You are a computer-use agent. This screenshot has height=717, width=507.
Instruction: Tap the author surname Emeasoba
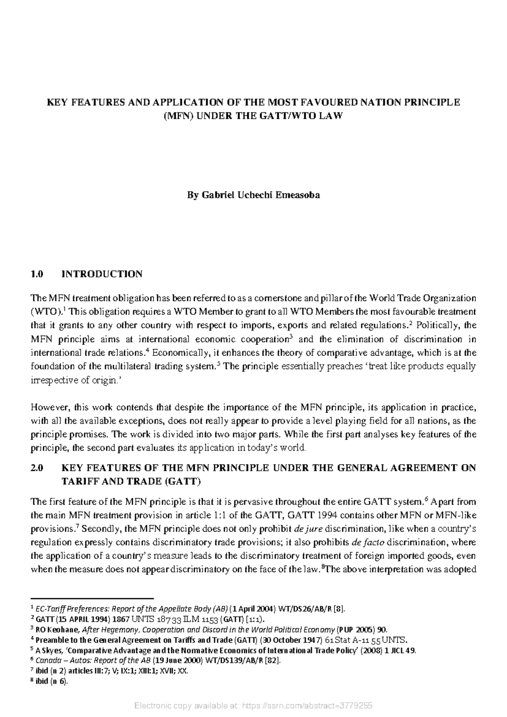[298, 195]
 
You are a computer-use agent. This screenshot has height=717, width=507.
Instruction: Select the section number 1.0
[37, 274]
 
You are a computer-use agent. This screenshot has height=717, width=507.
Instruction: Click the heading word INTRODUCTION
[102, 274]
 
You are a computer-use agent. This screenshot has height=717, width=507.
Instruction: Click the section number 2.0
[37, 468]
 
